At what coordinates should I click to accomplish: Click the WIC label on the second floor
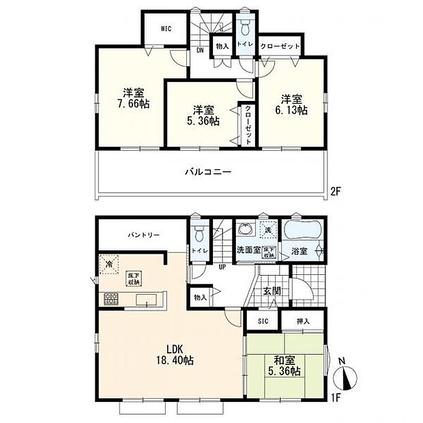[165, 29]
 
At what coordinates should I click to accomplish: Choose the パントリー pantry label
[143, 235]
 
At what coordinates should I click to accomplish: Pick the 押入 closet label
[303, 321]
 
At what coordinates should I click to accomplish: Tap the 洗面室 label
[248, 250]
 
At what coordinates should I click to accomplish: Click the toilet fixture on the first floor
[199, 234]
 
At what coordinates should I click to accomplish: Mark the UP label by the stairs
[222, 267]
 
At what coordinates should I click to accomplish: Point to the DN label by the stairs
[201, 50]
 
